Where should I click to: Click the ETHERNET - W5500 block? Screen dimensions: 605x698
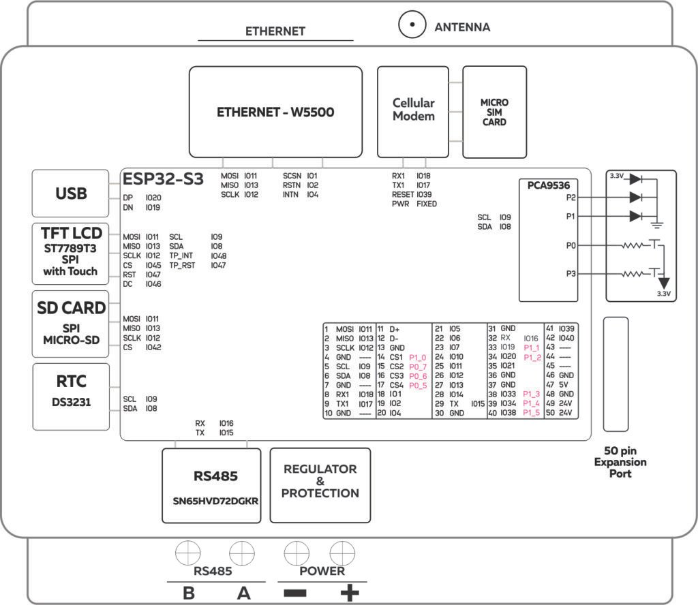coord(275,112)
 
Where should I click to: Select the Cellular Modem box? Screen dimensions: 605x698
coord(413,111)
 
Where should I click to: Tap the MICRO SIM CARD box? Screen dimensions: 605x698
coord(494,112)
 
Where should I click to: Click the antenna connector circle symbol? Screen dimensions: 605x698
coord(411,26)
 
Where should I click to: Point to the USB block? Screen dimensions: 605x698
coord(71,193)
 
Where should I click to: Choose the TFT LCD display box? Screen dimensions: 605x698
coord(71,253)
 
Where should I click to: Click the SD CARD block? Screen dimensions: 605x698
coord(71,323)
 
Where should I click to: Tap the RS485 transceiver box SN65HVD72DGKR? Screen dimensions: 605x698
coord(212,484)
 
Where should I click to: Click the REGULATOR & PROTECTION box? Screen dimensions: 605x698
coord(320,484)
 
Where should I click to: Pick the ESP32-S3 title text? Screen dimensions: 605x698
coord(163,179)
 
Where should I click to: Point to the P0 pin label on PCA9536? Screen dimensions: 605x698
coord(571,244)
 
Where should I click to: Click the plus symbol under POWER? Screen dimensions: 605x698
coord(349,593)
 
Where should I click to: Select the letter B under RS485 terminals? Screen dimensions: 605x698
coord(188,593)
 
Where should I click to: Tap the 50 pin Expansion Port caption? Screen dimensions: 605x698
coord(620,462)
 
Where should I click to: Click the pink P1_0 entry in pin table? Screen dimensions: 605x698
coord(418,357)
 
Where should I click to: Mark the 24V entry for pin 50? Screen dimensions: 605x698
coord(566,413)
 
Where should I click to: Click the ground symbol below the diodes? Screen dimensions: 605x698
coord(657,223)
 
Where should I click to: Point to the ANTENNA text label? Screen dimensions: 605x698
coord(462,27)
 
